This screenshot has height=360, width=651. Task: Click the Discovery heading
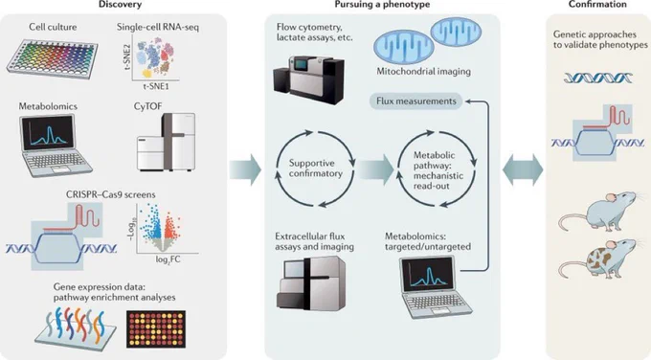[x=120, y=5]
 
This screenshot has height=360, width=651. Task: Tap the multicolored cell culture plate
[x=52, y=58]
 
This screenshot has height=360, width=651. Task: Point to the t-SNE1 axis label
[x=156, y=86]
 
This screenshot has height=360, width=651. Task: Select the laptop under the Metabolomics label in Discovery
[x=56, y=145]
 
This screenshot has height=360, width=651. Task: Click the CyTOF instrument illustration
[x=166, y=142]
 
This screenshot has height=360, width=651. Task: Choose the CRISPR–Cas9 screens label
[x=111, y=194]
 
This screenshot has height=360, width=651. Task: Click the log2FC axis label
[x=168, y=259]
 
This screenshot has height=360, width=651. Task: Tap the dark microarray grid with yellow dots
[x=156, y=329]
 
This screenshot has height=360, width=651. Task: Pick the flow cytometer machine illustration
[x=308, y=79]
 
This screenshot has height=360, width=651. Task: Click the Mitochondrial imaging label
[x=423, y=72]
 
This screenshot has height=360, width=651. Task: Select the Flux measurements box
[x=416, y=101]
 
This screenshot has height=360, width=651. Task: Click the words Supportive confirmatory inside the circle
[x=316, y=169]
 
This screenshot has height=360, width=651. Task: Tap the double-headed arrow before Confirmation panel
[x=523, y=169]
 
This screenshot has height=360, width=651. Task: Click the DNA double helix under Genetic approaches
[x=597, y=78]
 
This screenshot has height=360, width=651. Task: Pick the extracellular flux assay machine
[x=310, y=282]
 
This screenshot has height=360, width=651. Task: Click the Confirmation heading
[x=597, y=5]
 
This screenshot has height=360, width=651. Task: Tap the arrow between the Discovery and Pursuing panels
[x=245, y=169]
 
